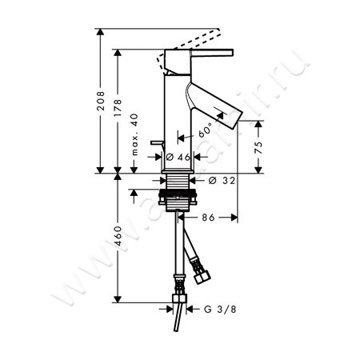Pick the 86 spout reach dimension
(x=210, y=217)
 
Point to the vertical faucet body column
(x=177, y=112)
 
